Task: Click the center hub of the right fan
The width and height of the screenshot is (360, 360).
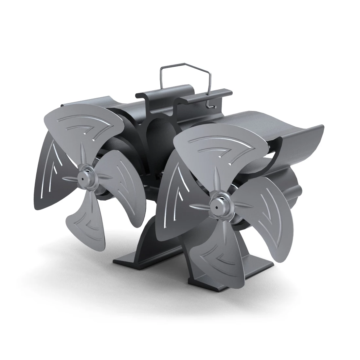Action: [217, 202]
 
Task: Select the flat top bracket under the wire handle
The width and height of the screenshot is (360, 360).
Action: [183, 93]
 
